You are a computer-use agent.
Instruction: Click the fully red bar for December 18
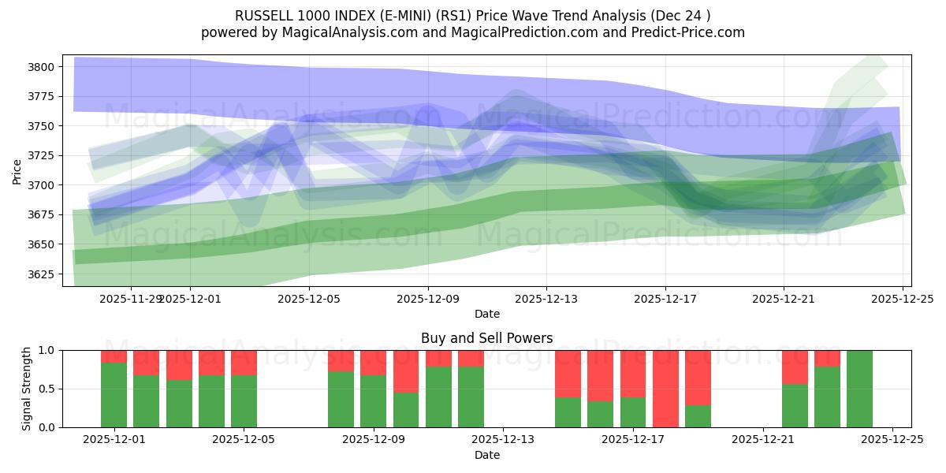[x=665, y=389]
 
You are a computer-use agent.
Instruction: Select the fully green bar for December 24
[x=859, y=389]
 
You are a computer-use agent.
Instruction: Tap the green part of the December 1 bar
[x=114, y=395]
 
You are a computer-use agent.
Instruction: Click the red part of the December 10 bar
[x=438, y=359]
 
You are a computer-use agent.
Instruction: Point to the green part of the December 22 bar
[x=795, y=405]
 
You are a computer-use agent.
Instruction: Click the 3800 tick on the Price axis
[x=44, y=67]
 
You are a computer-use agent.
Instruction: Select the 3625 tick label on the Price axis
[x=44, y=274]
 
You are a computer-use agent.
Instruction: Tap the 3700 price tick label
[x=44, y=185]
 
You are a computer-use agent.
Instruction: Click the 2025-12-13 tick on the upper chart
[x=546, y=299]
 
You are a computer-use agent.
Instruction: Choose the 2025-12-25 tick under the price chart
[x=902, y=299]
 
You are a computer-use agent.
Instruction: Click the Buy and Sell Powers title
[x=486, y=338]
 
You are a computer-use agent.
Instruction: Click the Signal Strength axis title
[x=26, y=389]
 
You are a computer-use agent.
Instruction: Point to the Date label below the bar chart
[x=486, y=455]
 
